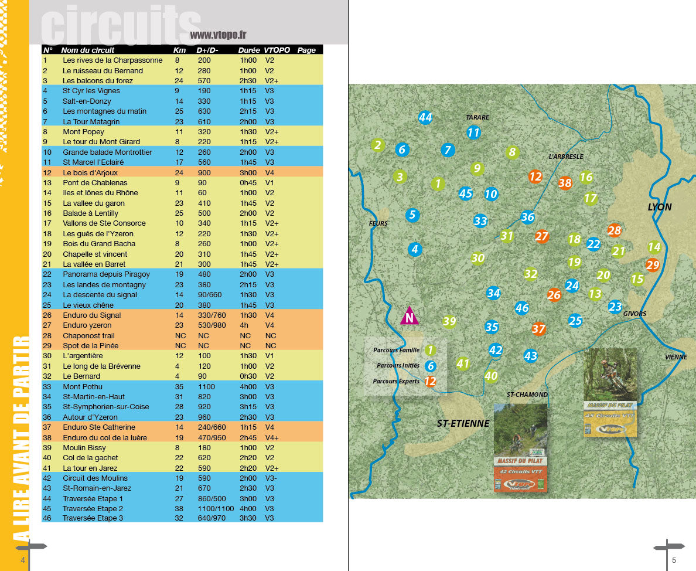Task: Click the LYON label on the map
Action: [x=659, y=207]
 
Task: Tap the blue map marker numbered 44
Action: [x=425, y=118]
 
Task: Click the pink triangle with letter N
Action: [x=410, y=316]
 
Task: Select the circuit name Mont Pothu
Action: [x=83, y=386]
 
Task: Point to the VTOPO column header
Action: [x=277, y=50]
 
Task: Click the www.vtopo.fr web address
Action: [x=218, y=35]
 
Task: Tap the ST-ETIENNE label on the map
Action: [x=463, y=423]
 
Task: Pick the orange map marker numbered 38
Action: [x=565, y=183]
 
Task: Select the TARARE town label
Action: [x=477, y=117]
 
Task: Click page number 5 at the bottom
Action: [x=674, y=560]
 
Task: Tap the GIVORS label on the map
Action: [x=634, y=314]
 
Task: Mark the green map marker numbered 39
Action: [x=449, y=321]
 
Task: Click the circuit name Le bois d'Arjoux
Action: [x=90, y=172]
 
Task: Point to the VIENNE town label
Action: [x=676, y=357]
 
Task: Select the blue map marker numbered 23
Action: [x=615, y=306]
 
